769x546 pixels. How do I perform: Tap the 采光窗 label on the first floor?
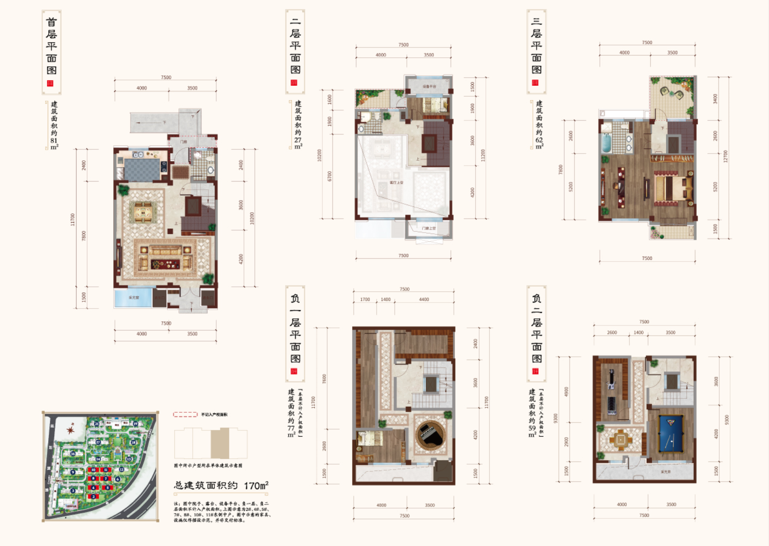click(x=134, y=298)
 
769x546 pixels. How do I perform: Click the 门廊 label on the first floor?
click(x=184, y=142)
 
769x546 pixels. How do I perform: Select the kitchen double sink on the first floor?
click(x=138, y=155)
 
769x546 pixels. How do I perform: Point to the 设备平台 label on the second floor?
click(x=429, y=86)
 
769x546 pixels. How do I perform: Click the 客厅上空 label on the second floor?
click(x=396, y=182)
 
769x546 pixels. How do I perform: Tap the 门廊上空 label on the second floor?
click(x=429, y=229)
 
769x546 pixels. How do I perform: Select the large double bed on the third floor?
click(x=672, y=187)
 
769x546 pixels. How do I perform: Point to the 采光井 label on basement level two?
click(x=665, y=471)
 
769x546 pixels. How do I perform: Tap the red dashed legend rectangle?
click(x=185, y=414)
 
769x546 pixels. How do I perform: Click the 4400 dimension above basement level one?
click(x=424, y=299)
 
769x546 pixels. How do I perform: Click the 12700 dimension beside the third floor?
click(x=725, y=156)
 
